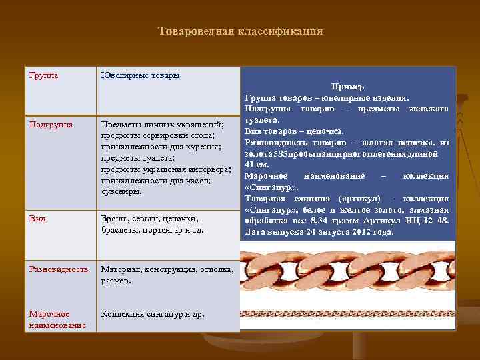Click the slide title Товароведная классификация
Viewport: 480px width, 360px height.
click(x=240, y=31)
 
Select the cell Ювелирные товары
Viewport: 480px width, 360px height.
click(x=139, y=75)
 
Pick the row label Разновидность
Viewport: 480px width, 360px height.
click(x=58, y=269)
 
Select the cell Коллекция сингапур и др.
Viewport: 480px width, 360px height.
click(x=153, y=314)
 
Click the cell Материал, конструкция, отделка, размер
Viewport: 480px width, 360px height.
click(x=167, y=275)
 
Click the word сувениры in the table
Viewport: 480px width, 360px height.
click(x=121, y=191)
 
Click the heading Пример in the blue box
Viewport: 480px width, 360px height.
click(x=347, y=87)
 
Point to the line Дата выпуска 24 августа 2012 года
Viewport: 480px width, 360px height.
click(x=319, y=232)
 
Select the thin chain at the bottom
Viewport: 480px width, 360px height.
click(x=347, y=313)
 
